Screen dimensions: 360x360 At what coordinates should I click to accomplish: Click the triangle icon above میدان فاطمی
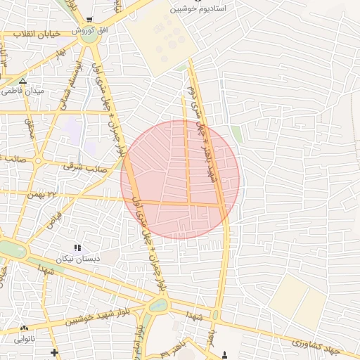tap(23, 81)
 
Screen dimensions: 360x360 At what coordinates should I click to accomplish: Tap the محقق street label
tap(30, 127)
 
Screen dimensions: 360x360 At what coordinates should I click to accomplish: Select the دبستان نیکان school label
tap(78, 259)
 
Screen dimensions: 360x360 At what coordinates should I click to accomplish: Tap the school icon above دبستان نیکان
tap(77, 248)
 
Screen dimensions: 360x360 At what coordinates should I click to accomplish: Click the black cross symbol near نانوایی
tap(54, 351)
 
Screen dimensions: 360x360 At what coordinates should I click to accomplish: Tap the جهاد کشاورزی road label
tap(316, 346)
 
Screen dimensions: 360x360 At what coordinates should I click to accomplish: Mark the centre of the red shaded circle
tap(180, 179)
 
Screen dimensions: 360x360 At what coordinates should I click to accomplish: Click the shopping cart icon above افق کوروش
tap(89, 20)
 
